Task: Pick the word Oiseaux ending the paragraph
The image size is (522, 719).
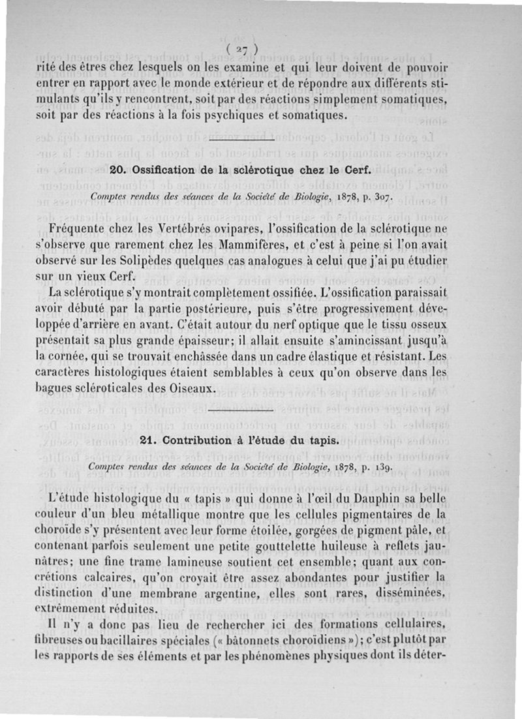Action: pyautogui.click(x=192, y=388)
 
